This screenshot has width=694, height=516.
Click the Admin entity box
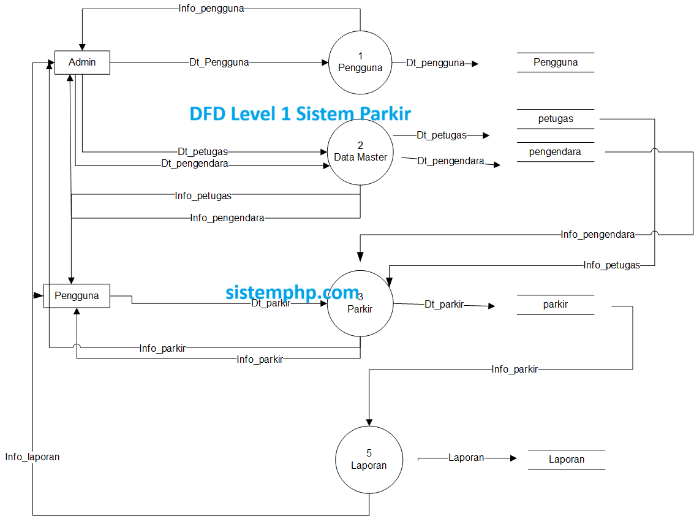pos(82,63)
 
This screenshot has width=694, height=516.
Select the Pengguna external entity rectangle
pos(77,295)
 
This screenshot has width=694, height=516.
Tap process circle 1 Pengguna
pos(360,62)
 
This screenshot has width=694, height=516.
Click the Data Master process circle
pos(360,151)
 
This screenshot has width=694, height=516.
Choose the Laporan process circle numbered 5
pos(369,459)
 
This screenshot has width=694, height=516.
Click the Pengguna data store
pos(555,63)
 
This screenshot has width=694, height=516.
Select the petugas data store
pos(555,119)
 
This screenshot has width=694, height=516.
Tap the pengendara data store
pos(555,151)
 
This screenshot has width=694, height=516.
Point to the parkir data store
pos(555,304)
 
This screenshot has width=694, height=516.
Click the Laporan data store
pos(566,460)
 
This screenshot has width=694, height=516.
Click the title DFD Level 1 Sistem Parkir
pos(300,113)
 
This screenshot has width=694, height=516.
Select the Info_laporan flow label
pos(32,457)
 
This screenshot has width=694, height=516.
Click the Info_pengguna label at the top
pos(211,9)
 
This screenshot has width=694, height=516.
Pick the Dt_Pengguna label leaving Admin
pos(219,63)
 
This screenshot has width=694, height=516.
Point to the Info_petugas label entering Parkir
pos(611,265)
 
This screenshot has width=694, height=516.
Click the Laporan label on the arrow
pos(466,458)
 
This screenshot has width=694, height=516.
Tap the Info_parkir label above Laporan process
pos(515,370)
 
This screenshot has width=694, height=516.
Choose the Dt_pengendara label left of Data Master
pos(194,164)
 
